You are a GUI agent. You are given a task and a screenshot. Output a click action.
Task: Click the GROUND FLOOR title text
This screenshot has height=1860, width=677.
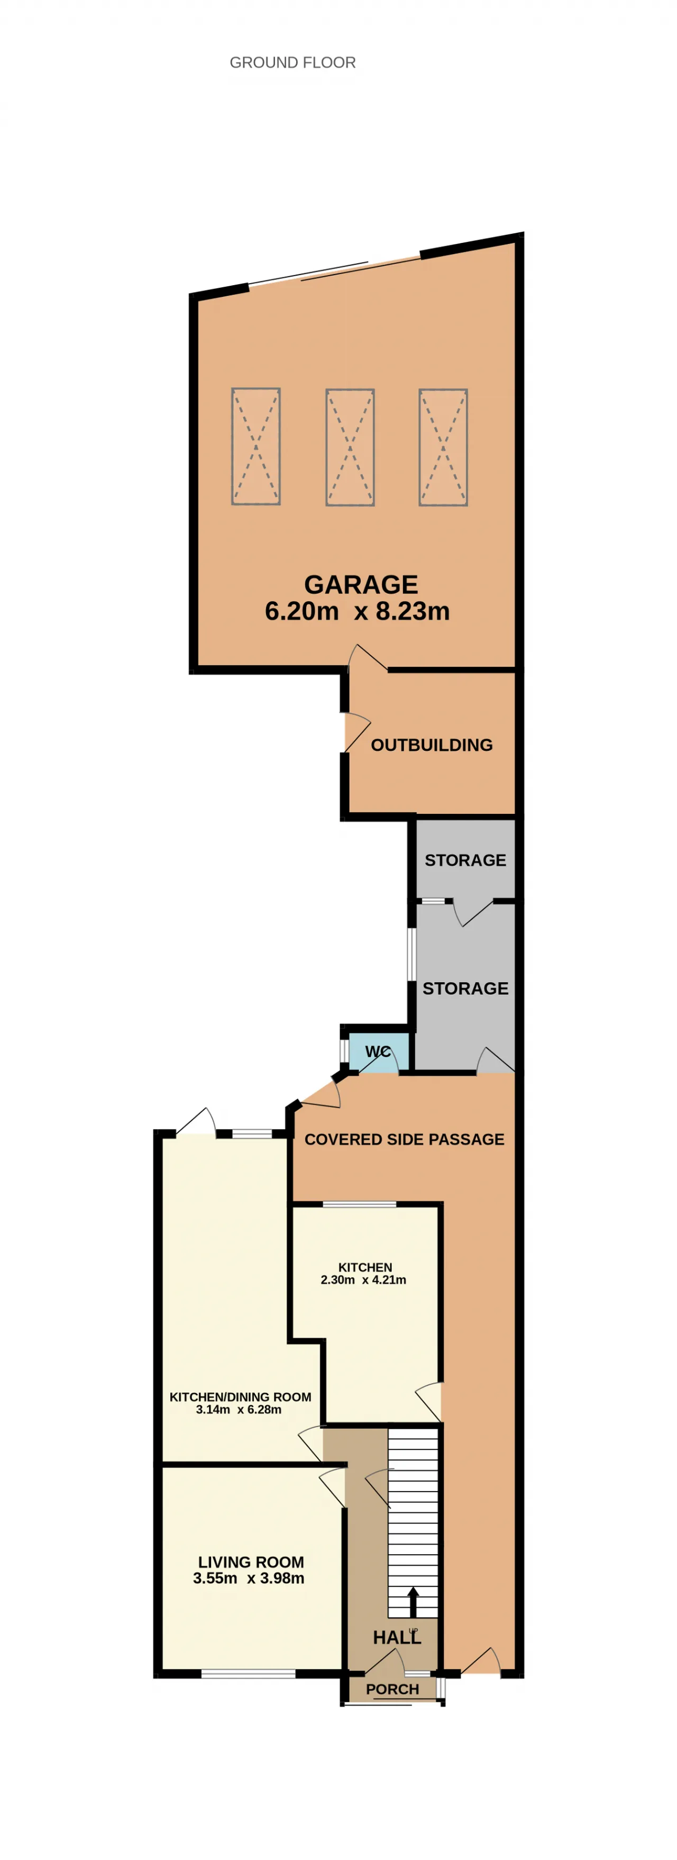pos(292,63)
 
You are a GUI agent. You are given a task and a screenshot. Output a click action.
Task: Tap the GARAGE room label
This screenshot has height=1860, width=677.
pos(361,584)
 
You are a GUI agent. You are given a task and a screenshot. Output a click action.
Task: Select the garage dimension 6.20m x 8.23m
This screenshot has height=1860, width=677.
pos(357,611)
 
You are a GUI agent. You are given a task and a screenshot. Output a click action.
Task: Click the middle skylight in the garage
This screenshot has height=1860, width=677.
pos(350,447)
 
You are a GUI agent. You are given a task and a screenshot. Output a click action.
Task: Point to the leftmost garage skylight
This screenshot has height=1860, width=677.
pos(255,446)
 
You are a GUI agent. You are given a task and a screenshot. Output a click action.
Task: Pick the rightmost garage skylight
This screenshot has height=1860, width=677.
pos(443,447)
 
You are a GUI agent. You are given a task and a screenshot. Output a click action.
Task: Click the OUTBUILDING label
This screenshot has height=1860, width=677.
pos(432,745)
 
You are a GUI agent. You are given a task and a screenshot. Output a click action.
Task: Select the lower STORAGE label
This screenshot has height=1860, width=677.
pos(465,988)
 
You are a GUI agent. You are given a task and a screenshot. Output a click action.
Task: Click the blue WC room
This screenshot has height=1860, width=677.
pos(379,1053)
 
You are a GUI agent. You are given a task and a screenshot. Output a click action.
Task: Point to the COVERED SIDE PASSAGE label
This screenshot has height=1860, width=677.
pos(404,1139)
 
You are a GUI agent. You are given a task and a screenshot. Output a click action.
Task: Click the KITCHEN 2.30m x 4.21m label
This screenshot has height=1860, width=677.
pos(364,1273)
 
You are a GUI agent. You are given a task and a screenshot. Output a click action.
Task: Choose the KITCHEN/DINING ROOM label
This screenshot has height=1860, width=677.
pos(240,1403)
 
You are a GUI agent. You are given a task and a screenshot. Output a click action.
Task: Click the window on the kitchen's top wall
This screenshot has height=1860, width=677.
pos(360,1204)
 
